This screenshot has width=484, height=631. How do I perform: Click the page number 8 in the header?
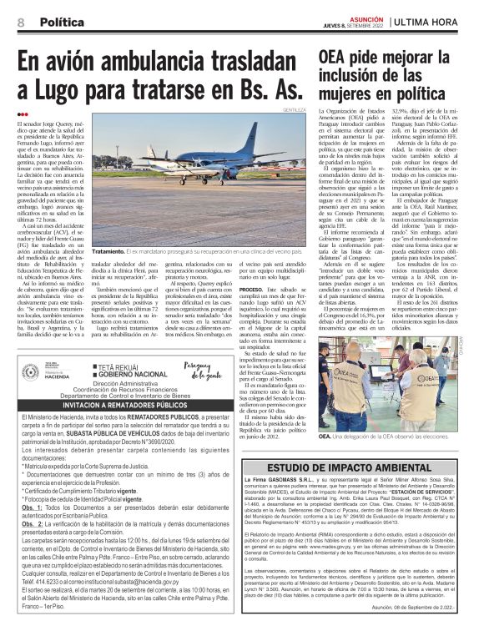[21, 21]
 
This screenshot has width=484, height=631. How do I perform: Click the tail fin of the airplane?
[272, 150]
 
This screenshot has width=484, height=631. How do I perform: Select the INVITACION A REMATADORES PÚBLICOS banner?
[117, 404]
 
